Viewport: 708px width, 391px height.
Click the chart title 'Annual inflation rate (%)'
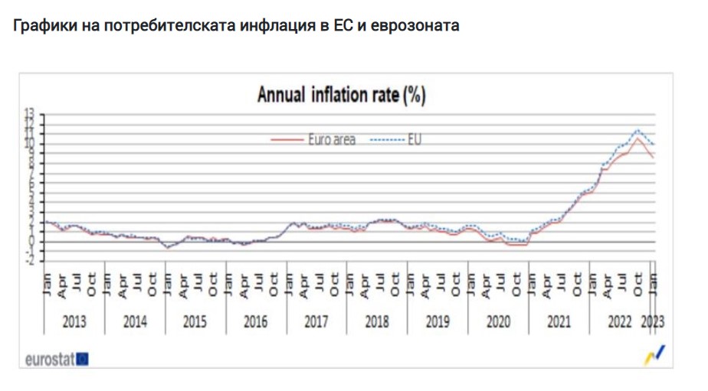click(x=341, y=96)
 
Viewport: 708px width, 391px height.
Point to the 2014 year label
click(x=135, y=321)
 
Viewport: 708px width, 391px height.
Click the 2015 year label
click(x=195, y=321)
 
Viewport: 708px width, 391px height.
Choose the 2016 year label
click(x=256, y=321)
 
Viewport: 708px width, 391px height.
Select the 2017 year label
click(x=316, y=321)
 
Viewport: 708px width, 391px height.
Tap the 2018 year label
click(x=377, y=321)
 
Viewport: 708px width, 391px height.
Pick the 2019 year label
click(x=438, y=321)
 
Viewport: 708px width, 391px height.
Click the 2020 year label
click(x=498, y=321)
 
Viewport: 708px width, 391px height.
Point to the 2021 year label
click(x=559, y=321)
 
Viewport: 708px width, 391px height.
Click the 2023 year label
click(x=653, y=321)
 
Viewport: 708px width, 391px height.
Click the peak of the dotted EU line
click(x=638, y=130)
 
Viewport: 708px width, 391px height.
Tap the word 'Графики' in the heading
click(x=41, y=26)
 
